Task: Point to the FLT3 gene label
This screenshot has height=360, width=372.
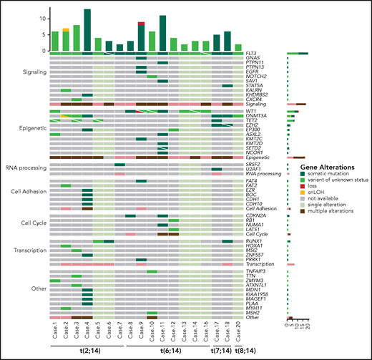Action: click(250, 54)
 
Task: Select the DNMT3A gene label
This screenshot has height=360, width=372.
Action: click(253, 116)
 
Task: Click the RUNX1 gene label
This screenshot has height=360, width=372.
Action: click(252, 241)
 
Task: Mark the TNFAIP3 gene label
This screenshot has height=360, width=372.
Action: click(254, 272)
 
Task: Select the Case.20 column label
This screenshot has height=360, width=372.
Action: click(238, 329)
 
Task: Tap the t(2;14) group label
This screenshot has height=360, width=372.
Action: click(82, 352)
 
